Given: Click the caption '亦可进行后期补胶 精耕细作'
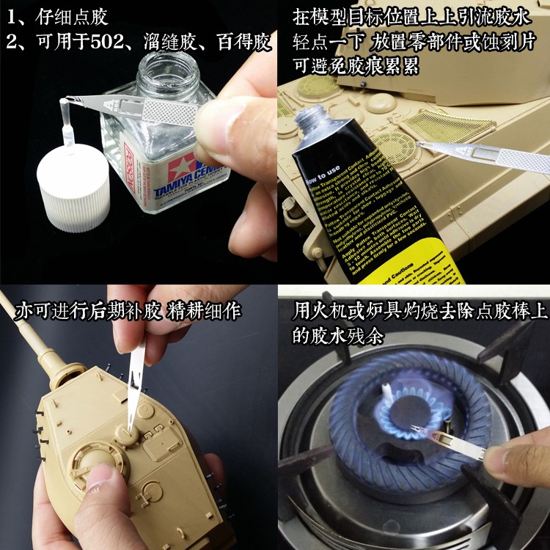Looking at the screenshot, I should coord(129,311).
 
